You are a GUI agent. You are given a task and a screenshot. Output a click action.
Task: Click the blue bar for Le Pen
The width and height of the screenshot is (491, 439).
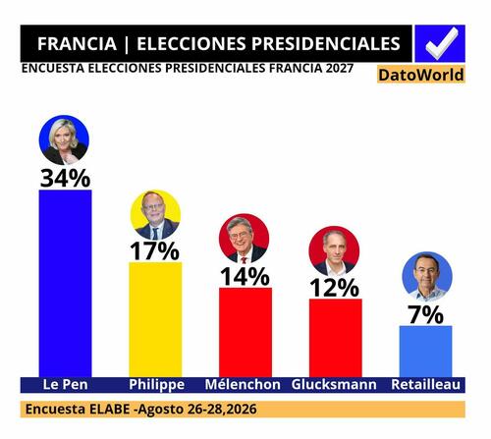65,284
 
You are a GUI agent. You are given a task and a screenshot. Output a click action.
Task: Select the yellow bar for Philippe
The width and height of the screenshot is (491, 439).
155,319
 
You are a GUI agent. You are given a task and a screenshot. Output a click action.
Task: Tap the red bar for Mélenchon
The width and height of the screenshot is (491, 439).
245,332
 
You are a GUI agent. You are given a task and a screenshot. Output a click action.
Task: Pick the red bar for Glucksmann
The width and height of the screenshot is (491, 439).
336,338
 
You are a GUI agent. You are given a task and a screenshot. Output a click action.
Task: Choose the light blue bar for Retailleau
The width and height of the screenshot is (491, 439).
426,352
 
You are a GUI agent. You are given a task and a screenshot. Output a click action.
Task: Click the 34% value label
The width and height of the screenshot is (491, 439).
65,179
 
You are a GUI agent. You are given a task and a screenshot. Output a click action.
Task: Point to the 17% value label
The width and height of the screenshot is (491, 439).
155,250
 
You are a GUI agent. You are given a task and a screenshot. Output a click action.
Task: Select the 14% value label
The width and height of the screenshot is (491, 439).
245,276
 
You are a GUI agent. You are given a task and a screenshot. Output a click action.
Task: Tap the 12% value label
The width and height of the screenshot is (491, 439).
335,288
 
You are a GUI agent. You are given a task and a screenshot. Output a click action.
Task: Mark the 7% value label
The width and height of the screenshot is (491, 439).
425,314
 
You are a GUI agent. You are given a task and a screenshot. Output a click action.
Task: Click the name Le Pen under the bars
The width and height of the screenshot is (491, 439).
66,384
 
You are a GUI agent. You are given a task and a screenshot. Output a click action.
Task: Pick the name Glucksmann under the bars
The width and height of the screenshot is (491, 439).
334,384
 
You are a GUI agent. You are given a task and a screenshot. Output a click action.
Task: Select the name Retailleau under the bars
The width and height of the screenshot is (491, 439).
426,384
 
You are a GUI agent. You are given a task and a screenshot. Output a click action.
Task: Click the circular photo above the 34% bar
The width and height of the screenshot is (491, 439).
64,139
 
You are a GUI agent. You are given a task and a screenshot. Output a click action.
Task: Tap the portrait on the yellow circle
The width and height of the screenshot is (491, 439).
155,215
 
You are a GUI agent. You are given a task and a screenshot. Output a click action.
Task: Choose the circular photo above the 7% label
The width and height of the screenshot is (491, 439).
427,277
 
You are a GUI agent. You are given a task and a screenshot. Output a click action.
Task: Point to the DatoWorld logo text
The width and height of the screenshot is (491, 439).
421,75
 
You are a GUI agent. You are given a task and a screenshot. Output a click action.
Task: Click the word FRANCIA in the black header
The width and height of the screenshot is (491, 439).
77,43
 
